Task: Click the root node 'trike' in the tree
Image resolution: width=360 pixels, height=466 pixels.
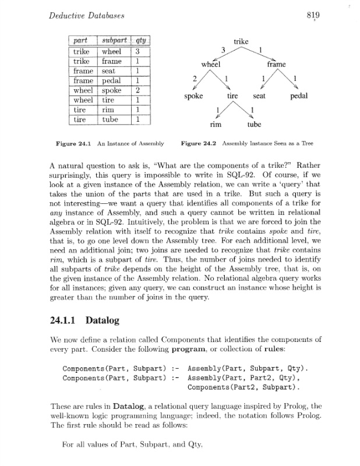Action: (x=241, y=42)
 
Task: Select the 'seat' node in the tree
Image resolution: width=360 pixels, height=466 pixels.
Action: (x=260, y=95)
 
